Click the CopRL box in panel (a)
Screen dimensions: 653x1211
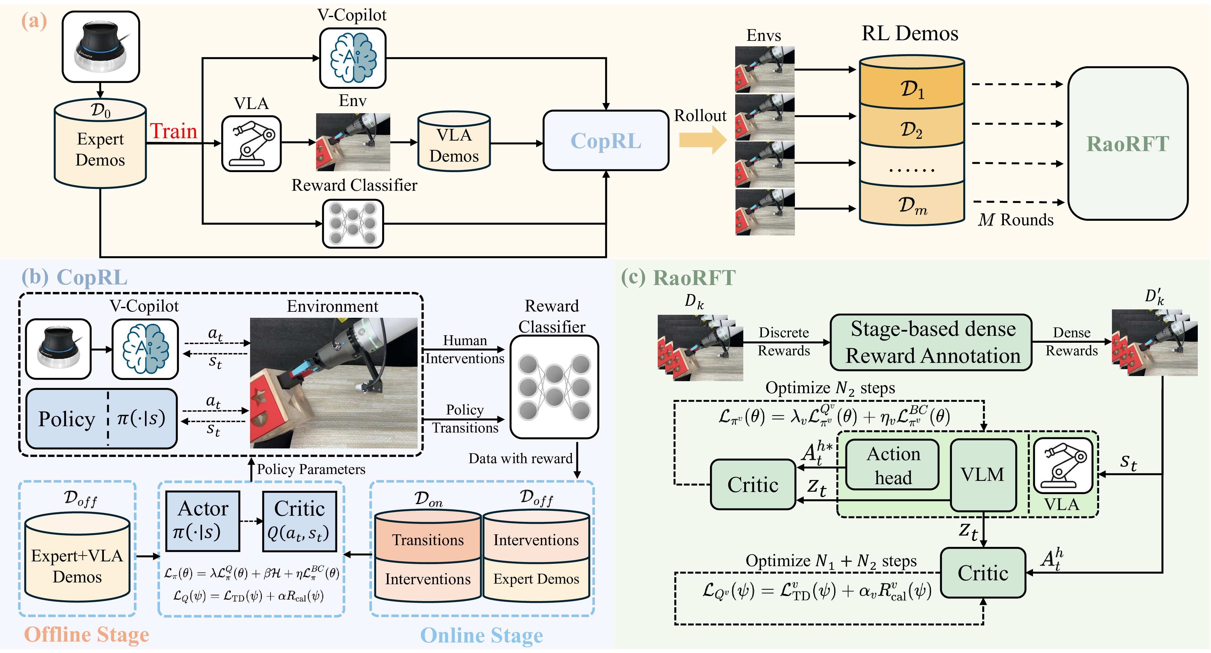coord(605,141)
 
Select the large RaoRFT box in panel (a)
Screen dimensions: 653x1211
coord(1127,144)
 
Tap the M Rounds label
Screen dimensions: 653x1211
coord(1016,220)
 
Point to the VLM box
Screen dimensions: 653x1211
coord(983,474)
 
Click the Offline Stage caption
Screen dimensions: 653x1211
coord(86,634)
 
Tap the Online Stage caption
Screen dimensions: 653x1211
coord(482,635)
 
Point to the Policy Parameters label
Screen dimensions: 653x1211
coord(311,469)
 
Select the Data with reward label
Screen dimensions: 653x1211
coord(521,458)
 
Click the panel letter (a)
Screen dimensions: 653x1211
coord(34,21)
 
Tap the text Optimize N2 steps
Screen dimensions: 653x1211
coord(830,388)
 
